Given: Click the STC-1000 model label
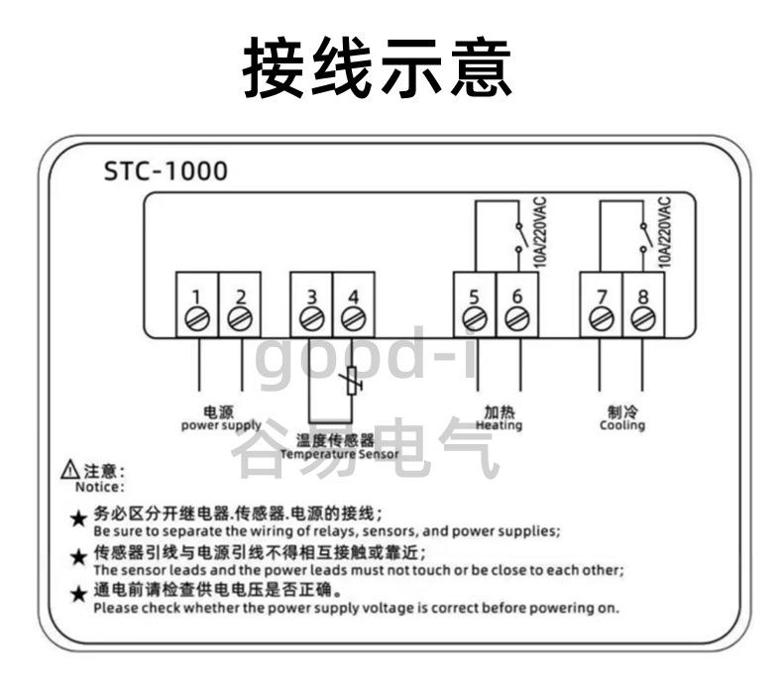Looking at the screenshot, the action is (166, 172).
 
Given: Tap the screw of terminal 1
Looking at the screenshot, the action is (197, 319).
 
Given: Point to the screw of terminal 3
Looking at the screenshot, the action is (311, 319).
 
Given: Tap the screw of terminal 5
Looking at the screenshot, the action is (474, 319).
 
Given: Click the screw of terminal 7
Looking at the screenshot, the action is (601, 319).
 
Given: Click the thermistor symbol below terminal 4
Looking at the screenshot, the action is (352, 382).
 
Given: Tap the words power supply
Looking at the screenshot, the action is (221, 425).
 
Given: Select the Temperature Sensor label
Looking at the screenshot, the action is (340, 454).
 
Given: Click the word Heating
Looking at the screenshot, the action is (499, 425).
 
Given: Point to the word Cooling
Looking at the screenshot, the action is (622, 425).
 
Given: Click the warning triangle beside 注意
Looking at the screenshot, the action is (69, 471).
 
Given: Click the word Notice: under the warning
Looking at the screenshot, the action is (100, 487).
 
